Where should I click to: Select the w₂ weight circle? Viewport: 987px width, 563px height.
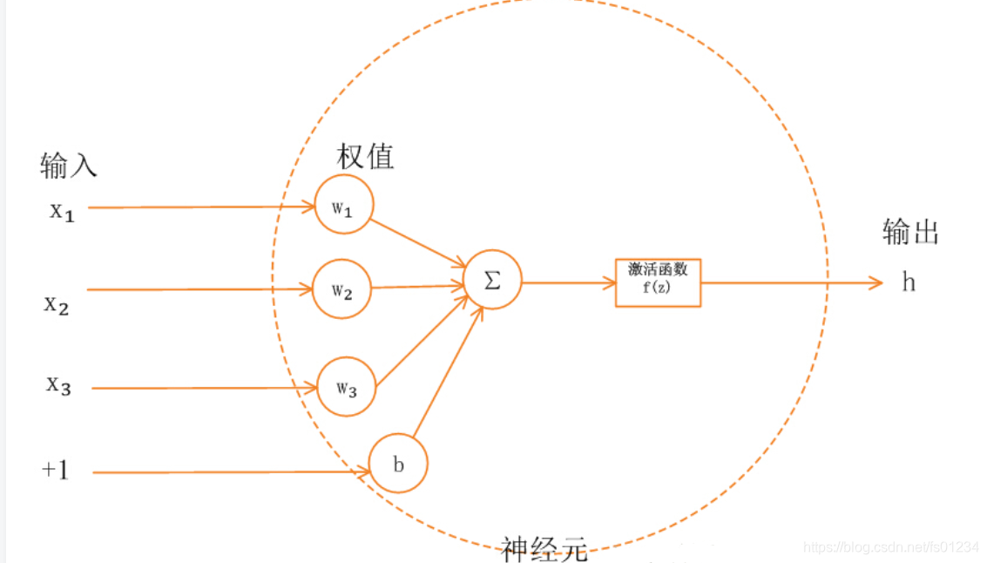341,288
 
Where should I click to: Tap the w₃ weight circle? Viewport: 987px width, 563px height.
346,385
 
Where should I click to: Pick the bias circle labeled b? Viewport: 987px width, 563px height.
398,464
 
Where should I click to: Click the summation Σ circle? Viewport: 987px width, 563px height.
492,281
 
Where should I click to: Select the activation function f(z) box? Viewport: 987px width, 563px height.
658,281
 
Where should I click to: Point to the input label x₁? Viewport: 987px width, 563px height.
62,211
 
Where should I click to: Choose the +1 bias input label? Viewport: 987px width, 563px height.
55,471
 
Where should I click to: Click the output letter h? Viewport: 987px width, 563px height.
909,282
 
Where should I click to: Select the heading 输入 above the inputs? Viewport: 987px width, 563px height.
68,165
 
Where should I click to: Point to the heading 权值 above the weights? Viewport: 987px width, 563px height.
365,156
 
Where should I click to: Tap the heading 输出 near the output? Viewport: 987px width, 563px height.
911,232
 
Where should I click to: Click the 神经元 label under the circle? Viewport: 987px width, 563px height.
544,548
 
